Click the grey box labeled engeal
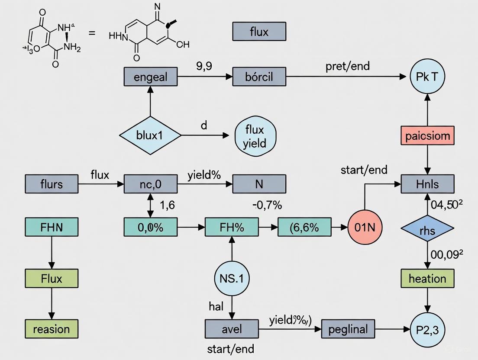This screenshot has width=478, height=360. coord(150,77)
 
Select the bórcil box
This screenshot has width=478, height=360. coord(259,77)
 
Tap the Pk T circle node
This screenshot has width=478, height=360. coord(427,77)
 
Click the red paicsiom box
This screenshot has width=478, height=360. coord(427,136)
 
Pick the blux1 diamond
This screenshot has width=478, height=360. coord(150,135)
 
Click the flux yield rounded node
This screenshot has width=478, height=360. coord(255,136)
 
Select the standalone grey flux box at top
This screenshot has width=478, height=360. coord(259,32)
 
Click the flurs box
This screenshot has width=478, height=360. coord(52,184)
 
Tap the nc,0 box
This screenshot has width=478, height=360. coord(150,184)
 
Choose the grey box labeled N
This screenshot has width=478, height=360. coord(259,184)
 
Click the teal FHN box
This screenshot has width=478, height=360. coord(52,227)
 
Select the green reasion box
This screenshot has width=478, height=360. coord(52,329)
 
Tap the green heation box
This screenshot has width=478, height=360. coord(427,278)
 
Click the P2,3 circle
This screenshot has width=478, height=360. coord(427,330)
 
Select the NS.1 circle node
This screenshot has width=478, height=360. coord(232,278)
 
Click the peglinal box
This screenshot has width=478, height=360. coord(348,330)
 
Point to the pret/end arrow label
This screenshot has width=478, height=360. coord(347,67)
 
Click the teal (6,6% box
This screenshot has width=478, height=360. coord(304,227)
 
